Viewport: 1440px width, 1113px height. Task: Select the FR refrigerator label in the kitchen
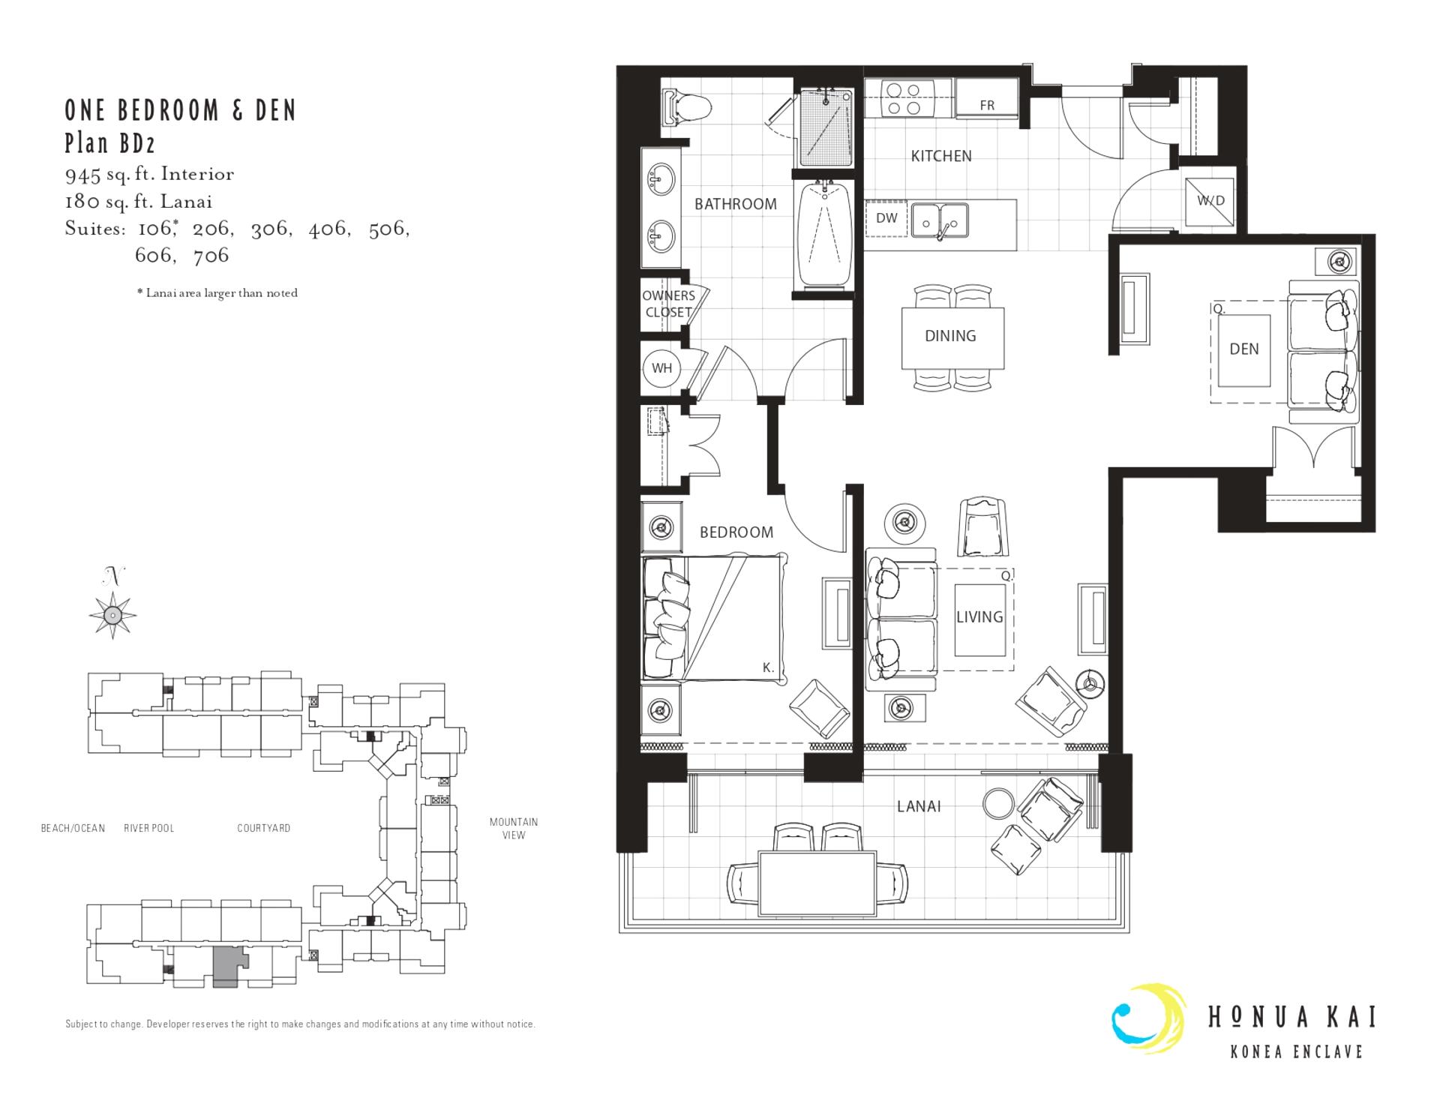coord(987,106)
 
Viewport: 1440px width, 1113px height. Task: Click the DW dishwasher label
coord(886,218)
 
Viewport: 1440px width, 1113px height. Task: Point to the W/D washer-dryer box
coord(1210,200)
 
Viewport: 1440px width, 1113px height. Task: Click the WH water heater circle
coord(661,368)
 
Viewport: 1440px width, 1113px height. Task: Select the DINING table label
coord(950,336)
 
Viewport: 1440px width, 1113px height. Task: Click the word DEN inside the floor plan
coord(1244,349)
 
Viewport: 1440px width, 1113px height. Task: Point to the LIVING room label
coord(979,616)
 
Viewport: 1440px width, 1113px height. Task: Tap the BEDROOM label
coord(736,532)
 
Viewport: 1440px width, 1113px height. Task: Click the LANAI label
coord(919,806)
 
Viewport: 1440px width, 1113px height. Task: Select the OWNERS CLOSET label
coord(668,304)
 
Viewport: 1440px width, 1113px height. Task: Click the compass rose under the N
coord(112,615)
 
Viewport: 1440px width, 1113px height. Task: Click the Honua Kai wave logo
coord(1147,1018)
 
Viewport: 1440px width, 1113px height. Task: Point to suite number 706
coord(211,256)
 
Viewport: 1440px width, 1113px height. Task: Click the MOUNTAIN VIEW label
coord(514,828)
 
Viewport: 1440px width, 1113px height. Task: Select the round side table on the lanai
coord(997,804)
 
